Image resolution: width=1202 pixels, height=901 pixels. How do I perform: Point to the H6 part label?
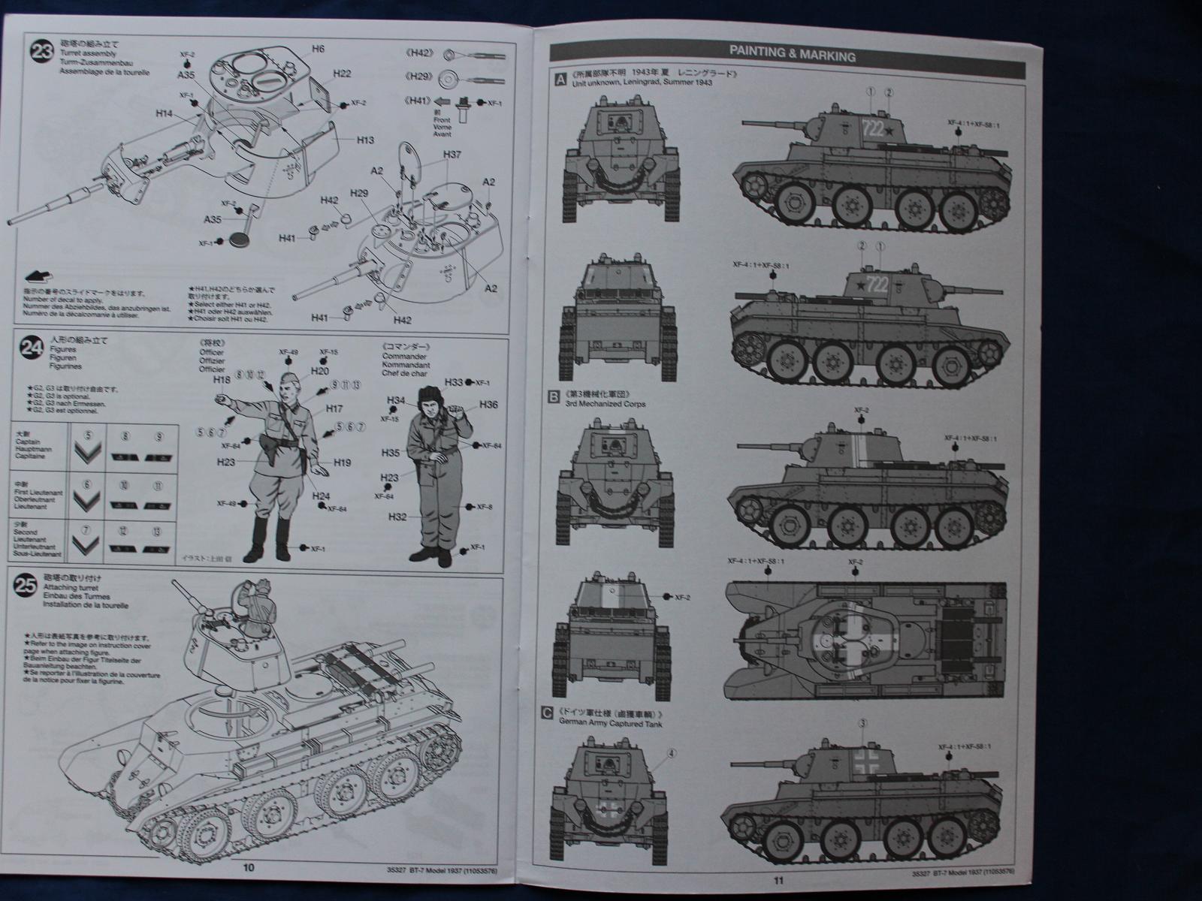318,48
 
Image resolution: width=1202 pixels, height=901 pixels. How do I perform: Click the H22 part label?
342,73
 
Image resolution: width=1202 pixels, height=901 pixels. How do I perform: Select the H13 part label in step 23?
365,140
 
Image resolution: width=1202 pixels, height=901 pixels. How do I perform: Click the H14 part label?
165,113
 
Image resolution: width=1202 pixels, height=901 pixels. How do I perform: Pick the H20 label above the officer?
319,371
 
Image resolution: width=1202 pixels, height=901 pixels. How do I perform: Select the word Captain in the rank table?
26,441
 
